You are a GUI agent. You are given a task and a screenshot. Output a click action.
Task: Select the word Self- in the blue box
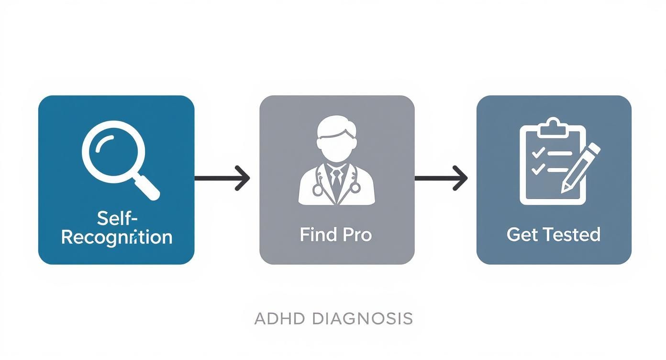(117, 218)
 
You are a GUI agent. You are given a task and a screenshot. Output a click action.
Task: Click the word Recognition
(117, 237)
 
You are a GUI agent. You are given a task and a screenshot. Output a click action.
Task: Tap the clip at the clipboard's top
(553, 126)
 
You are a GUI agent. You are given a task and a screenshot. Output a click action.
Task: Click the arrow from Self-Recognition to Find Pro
(222, 179)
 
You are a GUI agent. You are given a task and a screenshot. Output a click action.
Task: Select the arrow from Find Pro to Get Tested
(441, 179)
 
